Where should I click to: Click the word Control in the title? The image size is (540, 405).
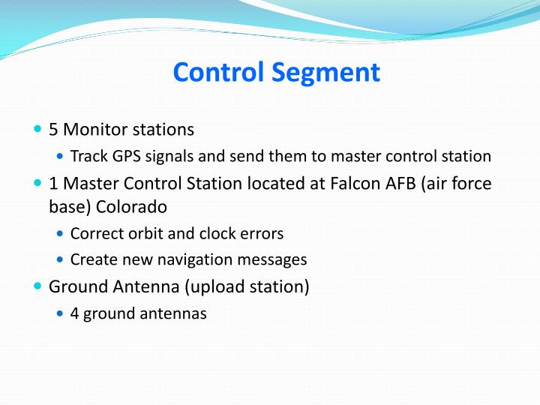click(x=218, y=73)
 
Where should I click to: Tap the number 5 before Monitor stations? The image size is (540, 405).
click(x=53, y=130)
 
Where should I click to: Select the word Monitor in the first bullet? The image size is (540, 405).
click(x=95, y=130)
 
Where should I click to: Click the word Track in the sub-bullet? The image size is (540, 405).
click(x=88, y=157)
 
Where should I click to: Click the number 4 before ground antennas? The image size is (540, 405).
click(x=74, y=313)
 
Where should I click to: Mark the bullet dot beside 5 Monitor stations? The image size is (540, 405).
click(x=38, y=130)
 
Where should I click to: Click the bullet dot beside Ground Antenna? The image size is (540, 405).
click(x=38, y=286)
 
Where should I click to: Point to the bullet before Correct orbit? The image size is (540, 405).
click(x=61, y=233)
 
